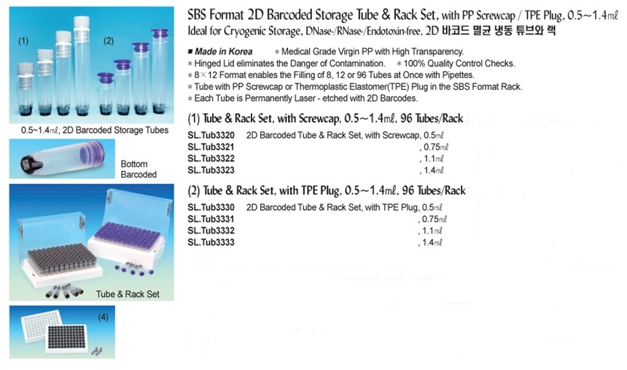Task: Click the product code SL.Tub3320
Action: pyautogui.click(x=211, y=135)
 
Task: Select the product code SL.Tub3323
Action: pyautogui.click(x=211, y=170)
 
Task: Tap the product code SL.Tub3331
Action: pyautogui.click(x=211, y=219)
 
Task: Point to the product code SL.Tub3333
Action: pyautogui.click(x=211, y=242)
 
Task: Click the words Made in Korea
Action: pyautogui.click(x=224, y=52)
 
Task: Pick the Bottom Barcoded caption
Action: pyautogui.click(x=139, y=169)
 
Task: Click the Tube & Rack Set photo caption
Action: pyautogui.click(x=128, y=294)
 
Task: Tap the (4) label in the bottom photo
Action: pyautogui.click(x=104, y=317)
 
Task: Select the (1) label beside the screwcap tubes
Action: pyautogui.click(x=23, y=41)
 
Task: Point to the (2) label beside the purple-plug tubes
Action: pyautogui.click(x=109, y=41)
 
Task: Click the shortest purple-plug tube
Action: pyautogui.click(x=106, y=93)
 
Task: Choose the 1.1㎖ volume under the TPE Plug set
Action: pyautogui.click(x=432, y=231)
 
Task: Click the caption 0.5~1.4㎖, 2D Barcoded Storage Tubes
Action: pyautogui.click(x=95, y=130)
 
